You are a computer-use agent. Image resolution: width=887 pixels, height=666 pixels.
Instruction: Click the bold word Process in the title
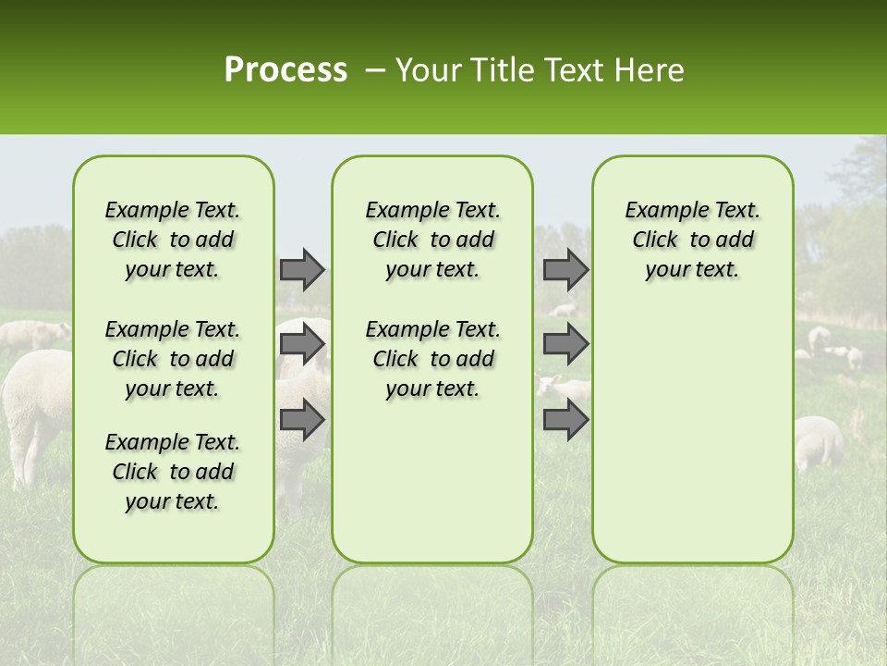(x=286, y=70)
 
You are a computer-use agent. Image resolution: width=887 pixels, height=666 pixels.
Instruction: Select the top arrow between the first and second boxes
(x=302, y=269)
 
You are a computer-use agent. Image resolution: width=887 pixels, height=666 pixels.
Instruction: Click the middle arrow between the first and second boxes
(x=302, y=344)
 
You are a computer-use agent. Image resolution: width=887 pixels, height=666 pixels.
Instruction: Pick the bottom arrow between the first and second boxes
(x=302, y=420)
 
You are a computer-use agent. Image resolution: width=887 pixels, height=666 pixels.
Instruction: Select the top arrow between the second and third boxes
(x=565, y=269)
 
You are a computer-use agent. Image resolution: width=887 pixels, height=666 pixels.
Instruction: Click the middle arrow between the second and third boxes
(x=565, y=344)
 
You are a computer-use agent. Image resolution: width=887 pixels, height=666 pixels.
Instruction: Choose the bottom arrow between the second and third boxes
(x=565, y=420)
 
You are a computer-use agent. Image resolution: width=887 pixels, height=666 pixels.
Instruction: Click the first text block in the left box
(x=173, y=240)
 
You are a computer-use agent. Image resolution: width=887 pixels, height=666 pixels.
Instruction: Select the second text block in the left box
(x=173, y=359)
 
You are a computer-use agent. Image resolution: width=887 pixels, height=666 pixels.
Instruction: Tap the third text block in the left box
(x=173, y=472)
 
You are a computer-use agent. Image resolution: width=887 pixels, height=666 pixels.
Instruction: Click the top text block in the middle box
(x=432, y=240)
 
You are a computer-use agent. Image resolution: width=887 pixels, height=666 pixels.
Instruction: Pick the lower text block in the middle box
(x=432, y=359)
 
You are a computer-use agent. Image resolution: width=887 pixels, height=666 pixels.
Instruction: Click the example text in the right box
(x=692, y=240)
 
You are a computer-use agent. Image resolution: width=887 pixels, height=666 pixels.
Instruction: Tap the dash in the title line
(x=374, y=71)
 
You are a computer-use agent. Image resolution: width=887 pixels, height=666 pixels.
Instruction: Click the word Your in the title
(x=425, y=70)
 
